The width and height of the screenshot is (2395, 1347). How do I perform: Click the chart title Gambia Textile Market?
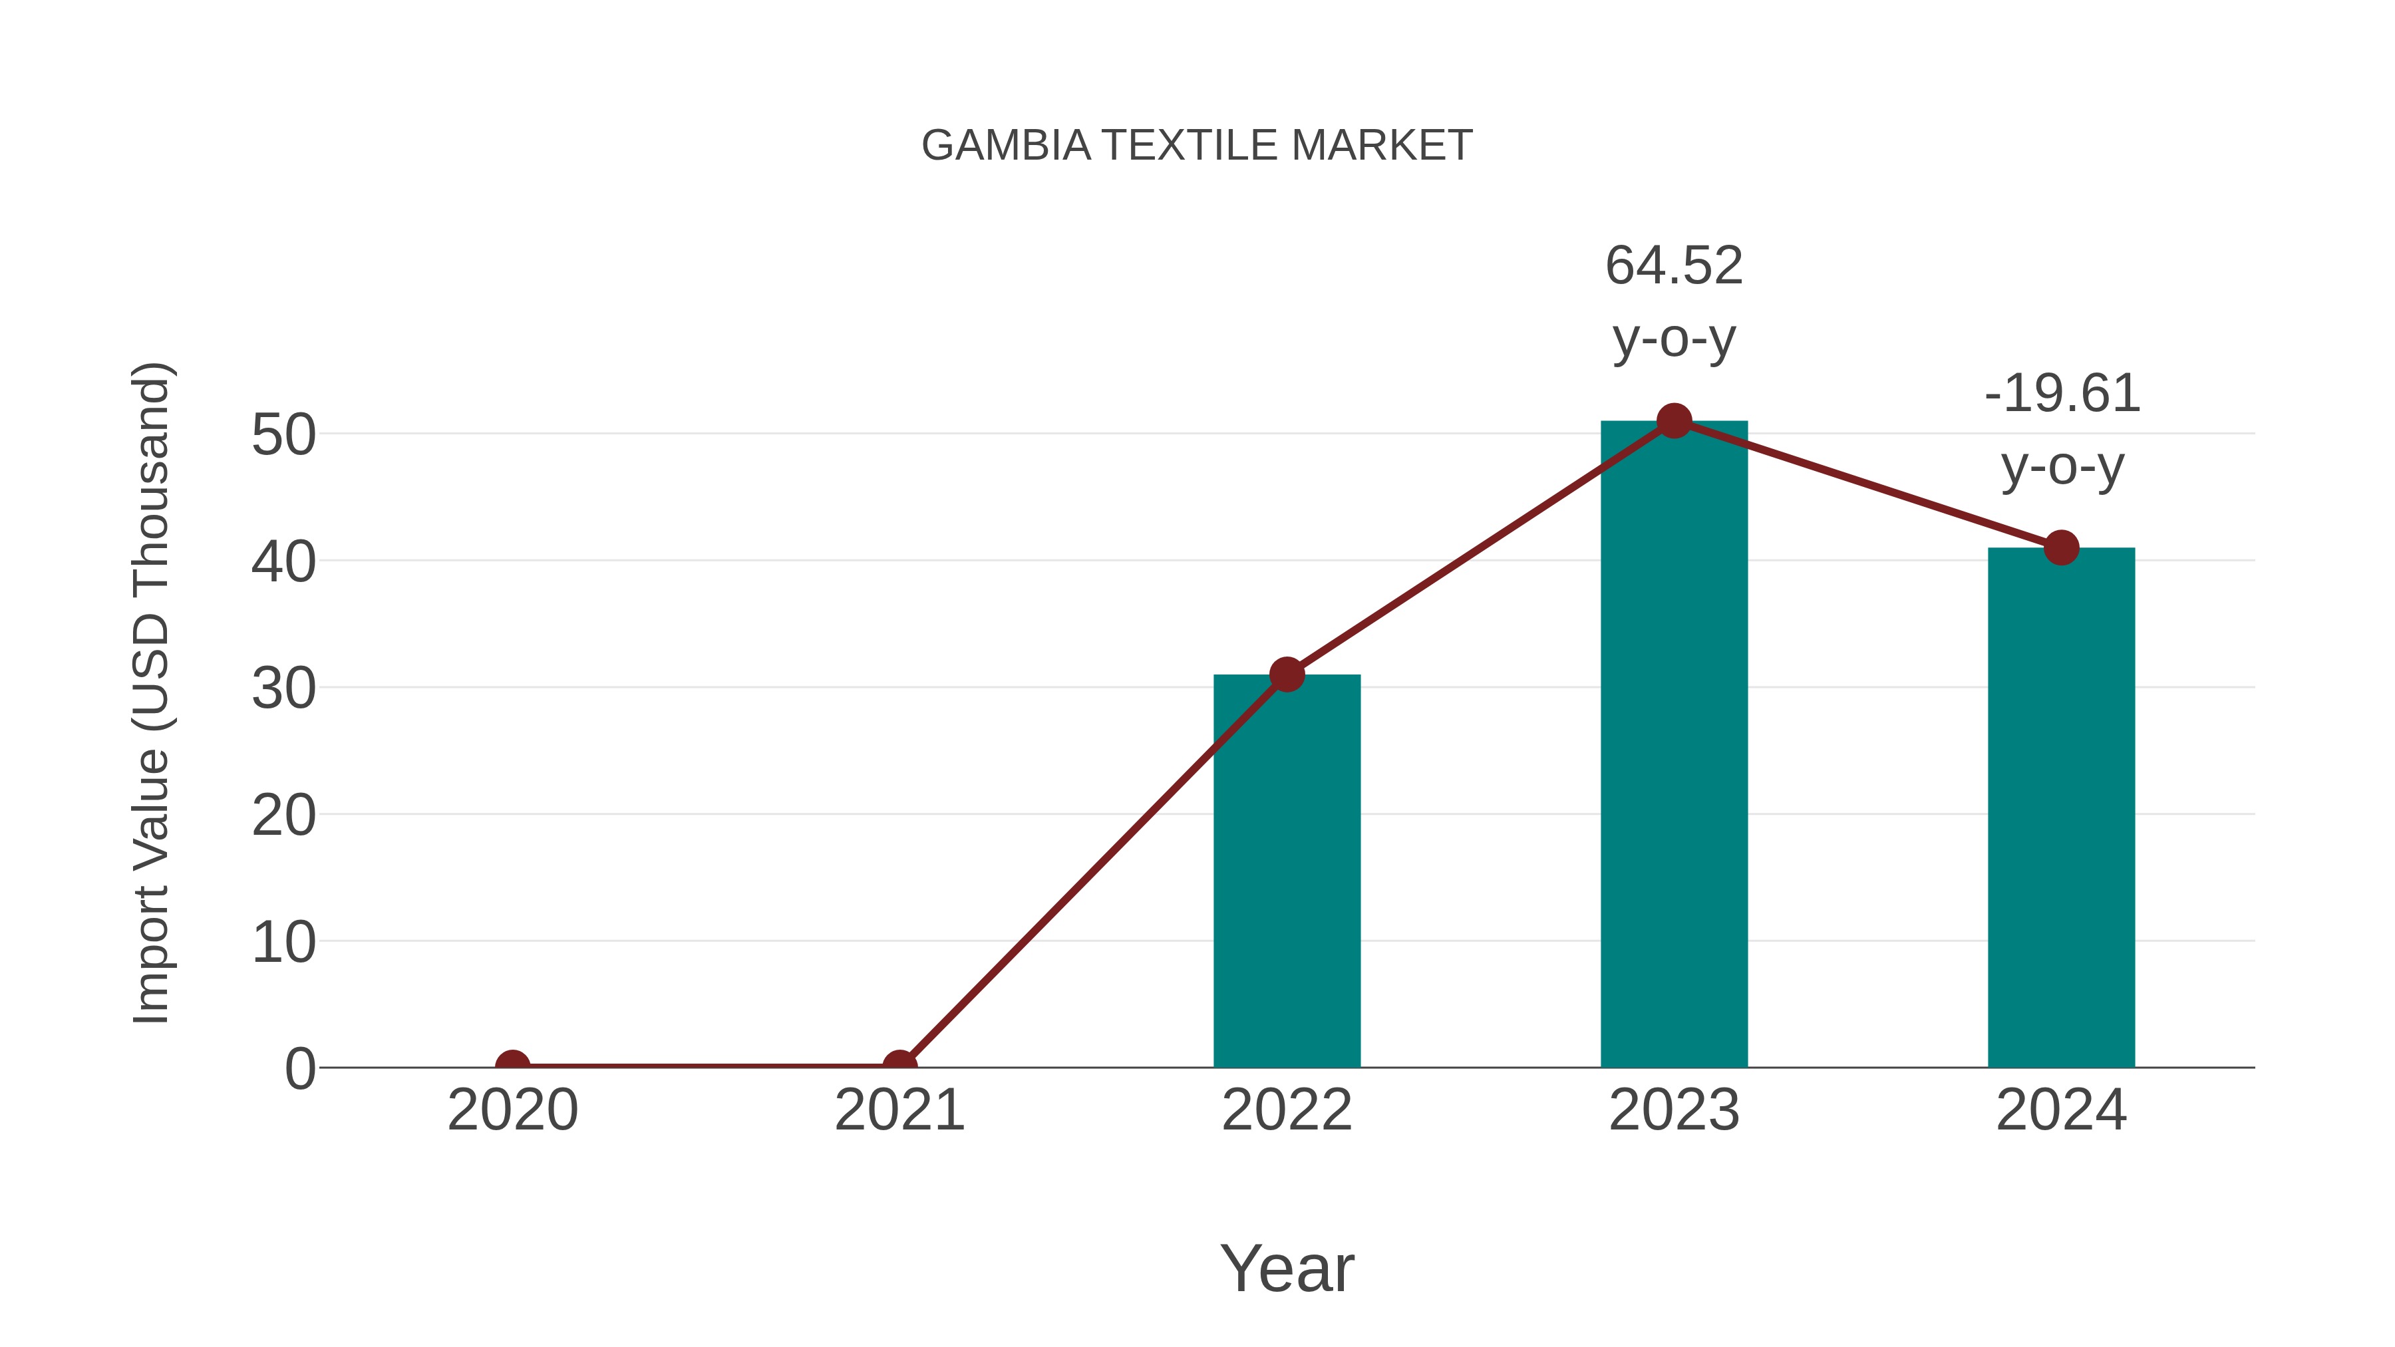pyautogui.click(x=1197, y=146)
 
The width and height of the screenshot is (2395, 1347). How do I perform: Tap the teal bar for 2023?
pyautogui.click(x=1674, y=744)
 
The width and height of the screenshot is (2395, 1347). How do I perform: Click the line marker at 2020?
pyautogui.click(x=512, y=1066)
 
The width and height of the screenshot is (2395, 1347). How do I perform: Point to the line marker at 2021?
pyautogui.click(x=899, y=1066)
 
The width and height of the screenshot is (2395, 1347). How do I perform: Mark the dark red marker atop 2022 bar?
pyautogui.click(x=1287, y=674)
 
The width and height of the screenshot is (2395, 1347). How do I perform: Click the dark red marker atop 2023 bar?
pyautogui.click(x=1674, y=421)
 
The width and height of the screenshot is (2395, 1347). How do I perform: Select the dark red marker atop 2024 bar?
pyautogui.click(x=2061, y=547)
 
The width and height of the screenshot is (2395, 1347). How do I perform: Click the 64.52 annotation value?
pyautogui.click(x=1674, y=266)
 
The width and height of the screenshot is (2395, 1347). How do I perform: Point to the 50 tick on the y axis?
pyautogui.click(x=283, y=434)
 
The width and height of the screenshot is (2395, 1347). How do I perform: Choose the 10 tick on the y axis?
pyautogui.click(x=283, y=942)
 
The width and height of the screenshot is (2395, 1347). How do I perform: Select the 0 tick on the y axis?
pyautogui.click(x=299, y=1068)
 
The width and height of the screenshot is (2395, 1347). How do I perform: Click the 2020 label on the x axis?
pyautogui.click(x=512, y=1110)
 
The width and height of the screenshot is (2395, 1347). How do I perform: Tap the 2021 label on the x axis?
pyautogui.click(x=899, y=1110)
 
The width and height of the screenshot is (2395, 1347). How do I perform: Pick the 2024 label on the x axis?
pyautogui.click(x=2061, y=1110)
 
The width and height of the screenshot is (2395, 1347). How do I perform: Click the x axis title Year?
pyautogui.click(x=1287, y=1268)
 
